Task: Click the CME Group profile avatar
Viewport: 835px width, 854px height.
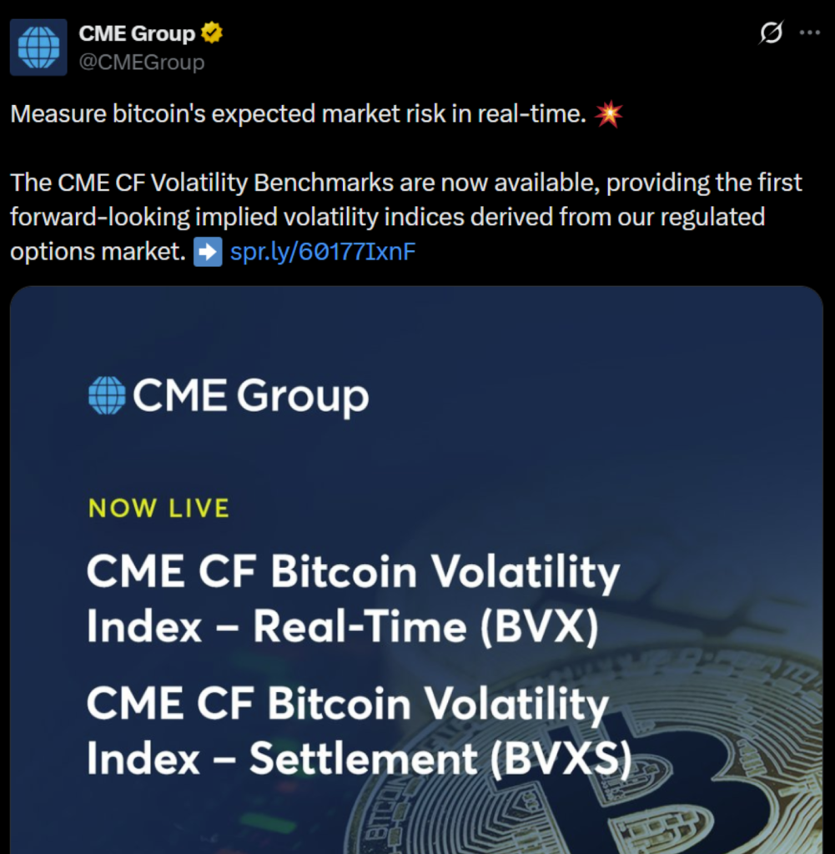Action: (x=38, y=48)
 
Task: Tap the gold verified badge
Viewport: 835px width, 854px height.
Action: (x=212, y=33)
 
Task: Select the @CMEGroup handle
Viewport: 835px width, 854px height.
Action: (x=142, y=62)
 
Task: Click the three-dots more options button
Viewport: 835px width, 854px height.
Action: (x=809, y=33)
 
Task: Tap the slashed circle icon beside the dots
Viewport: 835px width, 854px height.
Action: (x=771, y=33)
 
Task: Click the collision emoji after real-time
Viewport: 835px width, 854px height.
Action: (x=608, y=113)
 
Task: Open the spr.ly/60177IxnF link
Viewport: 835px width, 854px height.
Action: (x=323, y=252)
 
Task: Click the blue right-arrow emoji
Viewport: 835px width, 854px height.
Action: (x=208, y=252)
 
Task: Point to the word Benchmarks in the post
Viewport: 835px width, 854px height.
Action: (x=324, y=183)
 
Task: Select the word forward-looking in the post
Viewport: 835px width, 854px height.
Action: (x=99, y=218)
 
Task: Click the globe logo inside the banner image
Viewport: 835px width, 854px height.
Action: (x=107, y=395)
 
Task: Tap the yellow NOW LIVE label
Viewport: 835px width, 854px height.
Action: (x=159, y=508)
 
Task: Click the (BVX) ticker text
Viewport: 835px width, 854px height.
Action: (x=539, y=627)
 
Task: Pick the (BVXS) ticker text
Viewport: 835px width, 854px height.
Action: (x=561, y=759)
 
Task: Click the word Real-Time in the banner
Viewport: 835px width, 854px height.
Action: (x=360, y=626)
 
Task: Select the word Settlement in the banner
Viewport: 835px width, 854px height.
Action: (x=364, y=758)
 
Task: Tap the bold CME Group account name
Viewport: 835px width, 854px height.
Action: (x=137, y=33)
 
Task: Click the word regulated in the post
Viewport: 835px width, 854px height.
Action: (x=712, y=218)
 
